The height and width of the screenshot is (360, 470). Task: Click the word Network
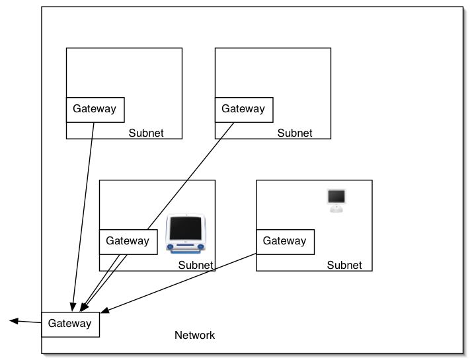tap(194, 335)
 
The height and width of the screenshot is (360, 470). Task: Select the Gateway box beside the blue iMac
tap(128, 241)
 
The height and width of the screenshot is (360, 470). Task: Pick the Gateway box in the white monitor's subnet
tap(285, 241)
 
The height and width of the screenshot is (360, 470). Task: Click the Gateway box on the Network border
tap(70, 324)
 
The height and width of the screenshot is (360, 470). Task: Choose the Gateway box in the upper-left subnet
tap(95, 109)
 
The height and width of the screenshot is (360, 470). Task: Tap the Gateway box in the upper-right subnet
tap(243, 109)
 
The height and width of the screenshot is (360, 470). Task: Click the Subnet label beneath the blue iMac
tap(196, 265)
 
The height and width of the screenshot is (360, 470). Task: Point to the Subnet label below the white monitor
tap(344, 265)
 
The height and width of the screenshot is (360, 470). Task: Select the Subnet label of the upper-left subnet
tap(146, 133)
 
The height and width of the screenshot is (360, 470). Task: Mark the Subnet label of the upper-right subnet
tap(295, 133)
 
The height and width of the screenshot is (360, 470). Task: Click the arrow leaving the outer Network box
tap(26, 322)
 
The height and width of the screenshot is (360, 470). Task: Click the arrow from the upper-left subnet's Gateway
tap(83, 211)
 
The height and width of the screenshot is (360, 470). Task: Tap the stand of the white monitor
tap(337, 209)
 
